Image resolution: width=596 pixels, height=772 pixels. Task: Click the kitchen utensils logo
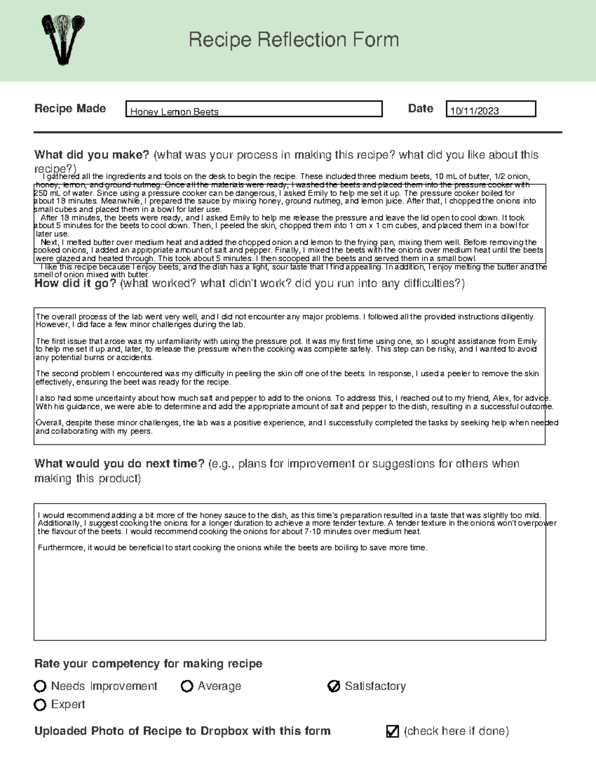[x=63, y=40]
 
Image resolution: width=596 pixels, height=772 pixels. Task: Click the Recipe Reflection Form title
[x=294, y=40]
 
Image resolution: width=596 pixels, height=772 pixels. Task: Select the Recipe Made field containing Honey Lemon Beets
[x=254, y=109]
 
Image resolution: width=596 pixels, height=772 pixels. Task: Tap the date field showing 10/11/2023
[x=491, y=109]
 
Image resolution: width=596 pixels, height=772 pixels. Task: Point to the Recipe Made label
[x=70, y=108]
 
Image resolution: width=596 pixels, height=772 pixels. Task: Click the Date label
[x=420, y=108]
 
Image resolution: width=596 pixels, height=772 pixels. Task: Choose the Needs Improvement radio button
[x=40, y=686]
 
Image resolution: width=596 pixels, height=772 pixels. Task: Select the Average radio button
[x=187, y=686]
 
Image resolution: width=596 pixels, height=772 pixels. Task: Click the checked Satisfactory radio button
[x=334, y=686]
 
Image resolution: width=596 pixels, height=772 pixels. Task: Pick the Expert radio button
[x=40, y=704]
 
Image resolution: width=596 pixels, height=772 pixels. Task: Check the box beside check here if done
[x=392, y=731]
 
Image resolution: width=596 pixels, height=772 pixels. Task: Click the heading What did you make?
[x=91, y=155]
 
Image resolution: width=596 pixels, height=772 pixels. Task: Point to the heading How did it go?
[x=75, y=283]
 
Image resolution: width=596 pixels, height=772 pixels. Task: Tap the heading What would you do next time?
[x=119, y=463]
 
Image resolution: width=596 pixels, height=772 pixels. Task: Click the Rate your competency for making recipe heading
[x=148, y=664]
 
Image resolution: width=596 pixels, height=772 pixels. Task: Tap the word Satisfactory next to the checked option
[x=375, y=686]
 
